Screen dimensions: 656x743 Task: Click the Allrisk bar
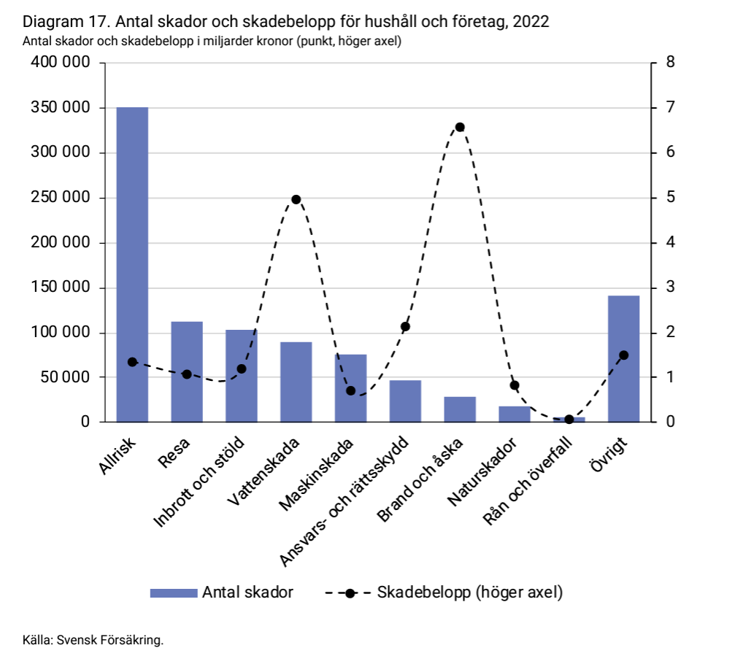pos(132,264)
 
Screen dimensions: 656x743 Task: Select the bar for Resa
pos(187,371)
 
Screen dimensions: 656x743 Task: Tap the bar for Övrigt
pos(623,358)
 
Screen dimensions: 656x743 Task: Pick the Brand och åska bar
pos(460,409)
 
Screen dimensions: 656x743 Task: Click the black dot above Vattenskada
pos(296,199)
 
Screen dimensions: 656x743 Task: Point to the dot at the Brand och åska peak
pos(460,127)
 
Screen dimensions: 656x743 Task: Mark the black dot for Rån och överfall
pos(569,420)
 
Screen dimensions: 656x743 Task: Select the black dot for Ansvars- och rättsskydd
pos(406,326)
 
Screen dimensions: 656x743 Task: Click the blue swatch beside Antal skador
pos(174,593)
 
